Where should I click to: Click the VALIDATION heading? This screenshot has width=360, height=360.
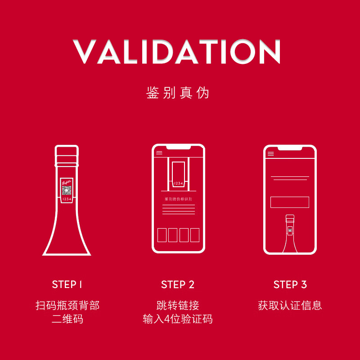click(177, 52)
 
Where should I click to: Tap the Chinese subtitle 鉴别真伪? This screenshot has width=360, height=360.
click(178, 93)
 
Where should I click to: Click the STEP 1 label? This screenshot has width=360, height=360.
click(67, 284)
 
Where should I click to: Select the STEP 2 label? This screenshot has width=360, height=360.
click(178, 284)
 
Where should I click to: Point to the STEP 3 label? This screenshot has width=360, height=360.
click(290, 284)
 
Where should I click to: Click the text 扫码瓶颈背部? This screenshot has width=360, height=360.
click(67, 306)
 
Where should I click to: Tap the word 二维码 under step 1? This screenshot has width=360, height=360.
click(67, 319)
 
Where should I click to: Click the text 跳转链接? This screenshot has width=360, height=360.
click(178, 306)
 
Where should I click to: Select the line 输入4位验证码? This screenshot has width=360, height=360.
click(178, 319)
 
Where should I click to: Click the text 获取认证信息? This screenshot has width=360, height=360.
click(290, 306)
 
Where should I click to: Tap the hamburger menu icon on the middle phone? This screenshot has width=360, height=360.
click(159, 153)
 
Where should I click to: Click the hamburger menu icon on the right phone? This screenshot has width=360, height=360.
click(270, 154)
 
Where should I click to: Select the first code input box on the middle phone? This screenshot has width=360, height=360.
click(162, 235)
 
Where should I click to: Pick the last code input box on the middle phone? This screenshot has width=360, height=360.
click(195, 235)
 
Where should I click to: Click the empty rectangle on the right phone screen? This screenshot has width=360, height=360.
click(289, 202)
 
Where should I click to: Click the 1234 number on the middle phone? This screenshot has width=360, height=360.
click(179, 183)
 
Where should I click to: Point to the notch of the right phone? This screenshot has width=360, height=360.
click(290, 148)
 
